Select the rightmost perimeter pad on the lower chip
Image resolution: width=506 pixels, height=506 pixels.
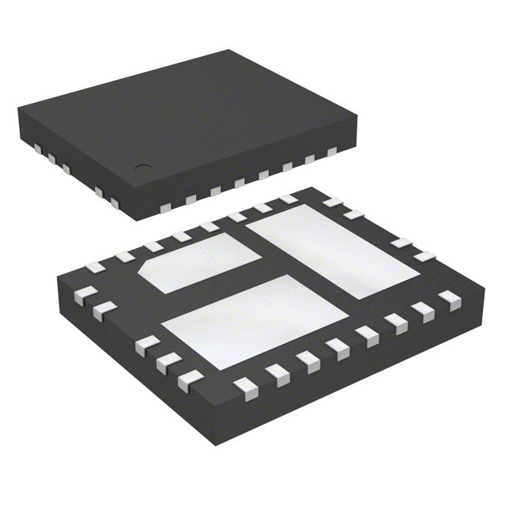click(x=450, y=297)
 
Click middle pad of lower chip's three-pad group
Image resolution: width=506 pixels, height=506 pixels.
click(x=167, y=364)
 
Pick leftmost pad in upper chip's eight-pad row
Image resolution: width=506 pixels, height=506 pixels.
click(x=165, y=208)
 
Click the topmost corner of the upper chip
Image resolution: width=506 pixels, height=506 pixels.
click(x=230, y=51)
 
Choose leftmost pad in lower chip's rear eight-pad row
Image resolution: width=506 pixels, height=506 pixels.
click(x=94, y=266)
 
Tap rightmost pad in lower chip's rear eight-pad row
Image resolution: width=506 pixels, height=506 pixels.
click(x=288, y=199)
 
